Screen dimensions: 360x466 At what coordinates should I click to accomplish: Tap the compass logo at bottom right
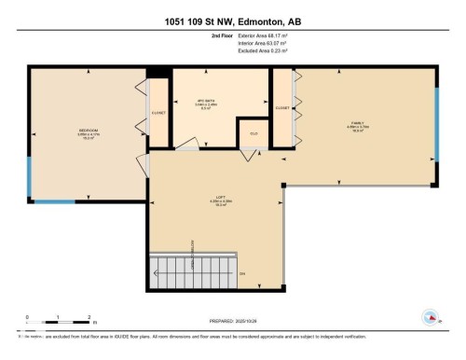pyautogui.click(x=431, y=316)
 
